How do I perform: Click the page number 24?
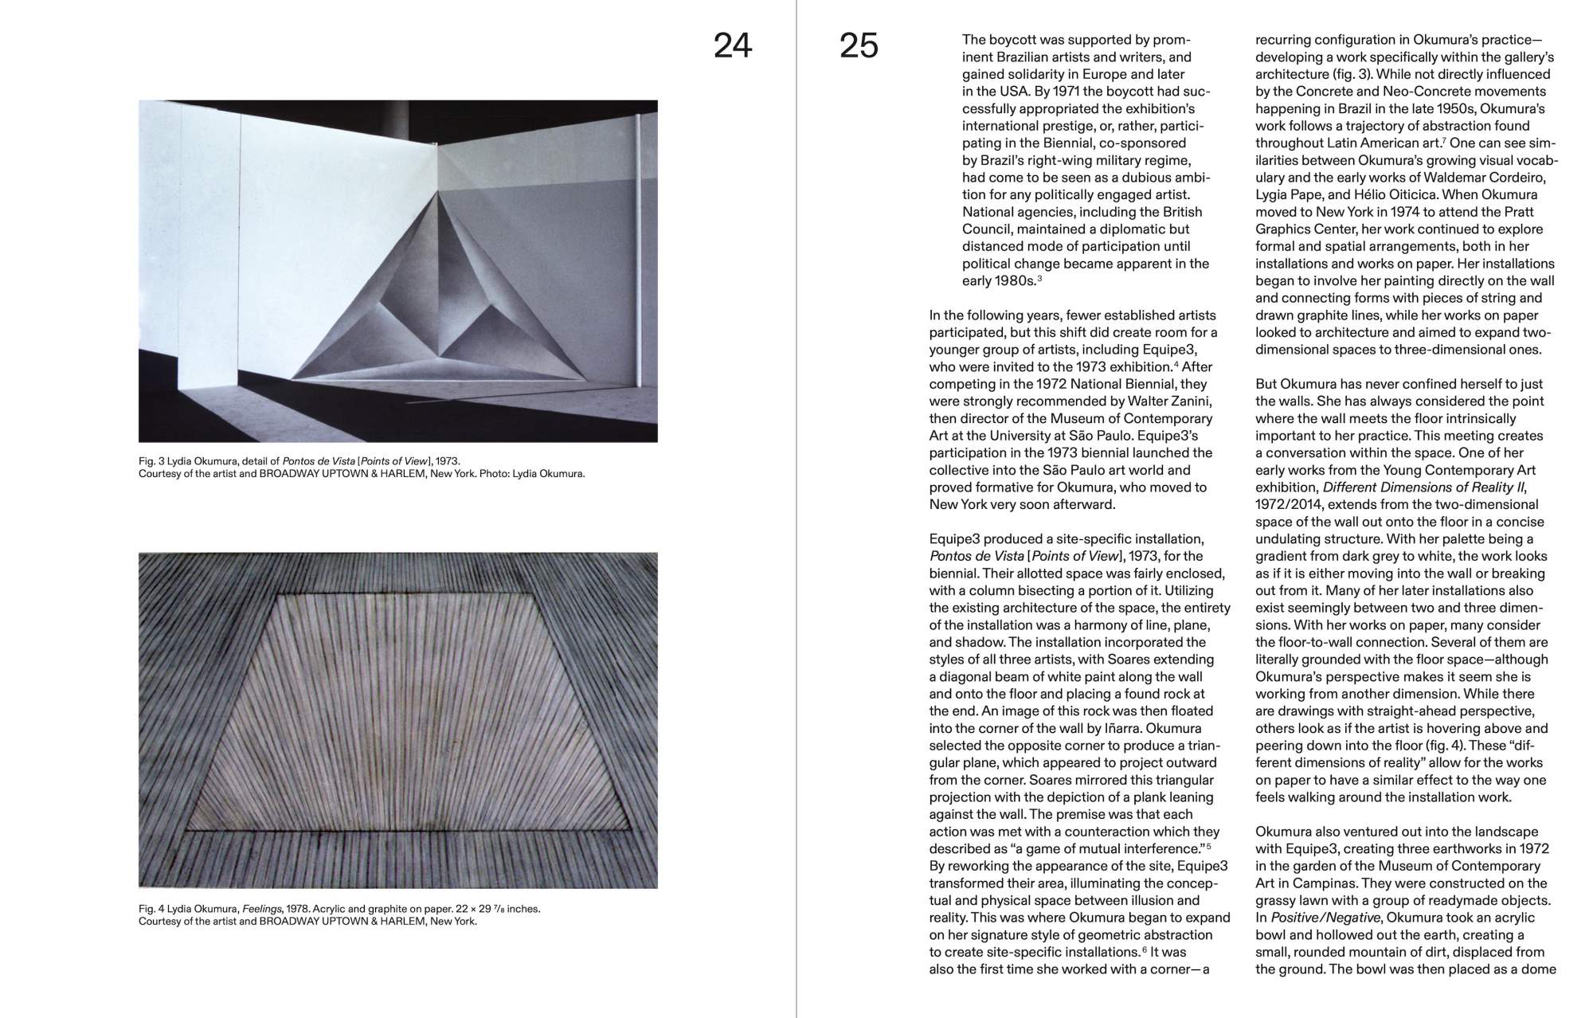coord(732,46)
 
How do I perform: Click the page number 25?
coord(859,46)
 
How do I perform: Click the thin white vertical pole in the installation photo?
coord(639,239)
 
